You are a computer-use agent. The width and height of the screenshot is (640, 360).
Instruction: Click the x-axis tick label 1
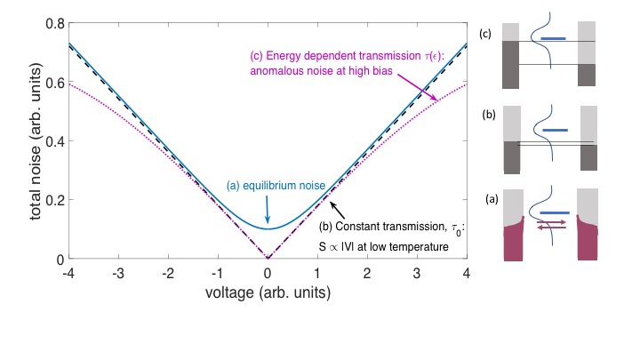(317, 271)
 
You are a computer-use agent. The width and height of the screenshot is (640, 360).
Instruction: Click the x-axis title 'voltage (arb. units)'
(267, 291)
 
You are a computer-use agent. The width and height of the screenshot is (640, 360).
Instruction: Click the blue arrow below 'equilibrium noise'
(267, 211)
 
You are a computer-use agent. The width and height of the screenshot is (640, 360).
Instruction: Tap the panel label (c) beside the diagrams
(484, 34)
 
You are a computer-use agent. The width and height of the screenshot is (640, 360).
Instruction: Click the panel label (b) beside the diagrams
(484, 116)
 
